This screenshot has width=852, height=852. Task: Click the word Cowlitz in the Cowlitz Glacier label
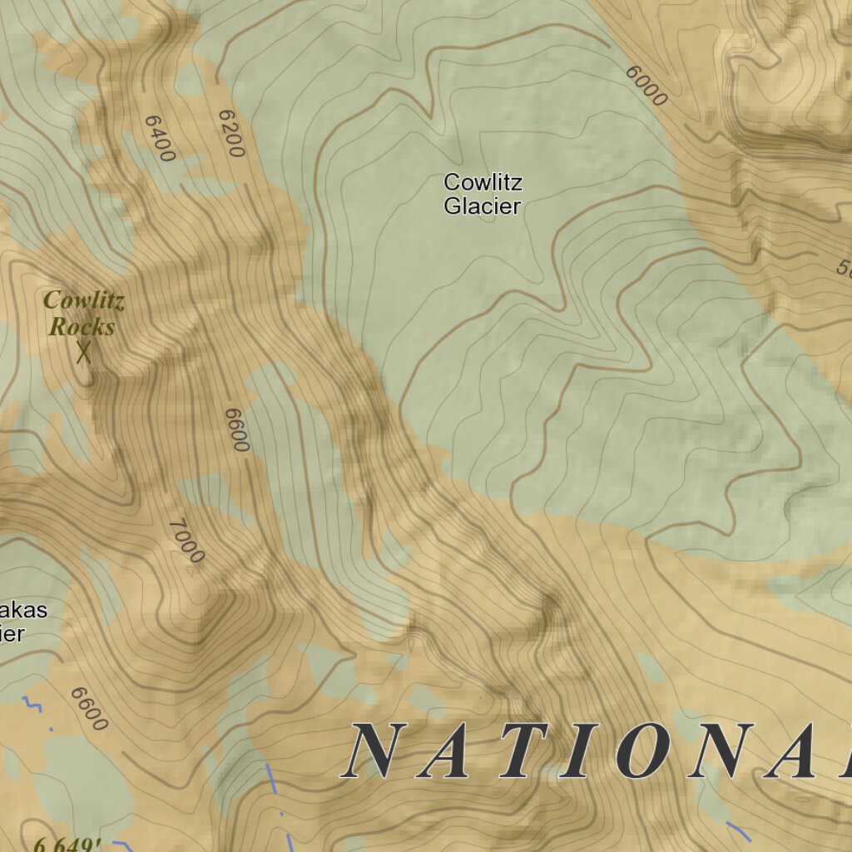click(x=483, y=182)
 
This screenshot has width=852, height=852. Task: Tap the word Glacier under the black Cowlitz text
click(x=482, y=206)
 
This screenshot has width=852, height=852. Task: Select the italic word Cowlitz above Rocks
click(x=84, y=300)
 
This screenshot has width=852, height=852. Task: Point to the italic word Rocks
click(x=82, y=327)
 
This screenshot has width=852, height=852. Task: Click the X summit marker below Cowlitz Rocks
click(x=83, y=354)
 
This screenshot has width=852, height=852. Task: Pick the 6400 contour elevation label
click(x=160, y=138)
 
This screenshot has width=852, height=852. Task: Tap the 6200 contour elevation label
click(x=230, y=133)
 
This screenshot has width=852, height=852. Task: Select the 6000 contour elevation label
click(x=646, y=86)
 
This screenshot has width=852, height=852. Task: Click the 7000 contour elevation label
click(x=186, y=541)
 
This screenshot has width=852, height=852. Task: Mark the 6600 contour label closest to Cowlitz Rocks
click(x=237, y=429)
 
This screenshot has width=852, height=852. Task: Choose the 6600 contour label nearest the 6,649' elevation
click(x=89, y=709)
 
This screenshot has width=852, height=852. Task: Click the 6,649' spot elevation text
click(x=68, y=845)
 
